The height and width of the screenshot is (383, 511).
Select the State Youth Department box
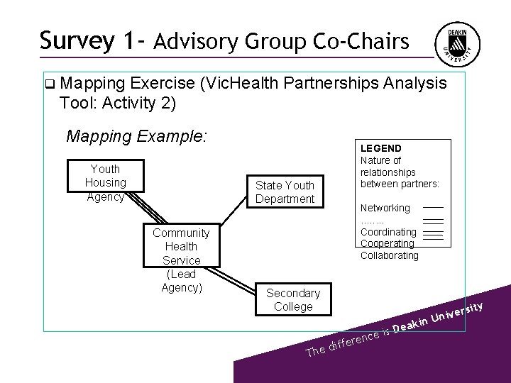(285, 191)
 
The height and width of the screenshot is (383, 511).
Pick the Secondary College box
(292, 299)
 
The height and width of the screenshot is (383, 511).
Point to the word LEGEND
(380, 148)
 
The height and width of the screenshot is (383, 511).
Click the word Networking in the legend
(385, 208)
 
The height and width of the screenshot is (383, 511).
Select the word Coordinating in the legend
(388, 232)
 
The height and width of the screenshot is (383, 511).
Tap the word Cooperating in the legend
(388, 243)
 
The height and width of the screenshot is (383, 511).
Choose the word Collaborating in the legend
(389, 255)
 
